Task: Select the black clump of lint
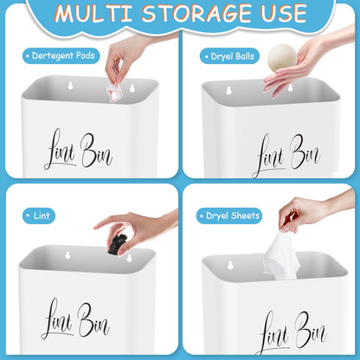click(116, 246)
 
